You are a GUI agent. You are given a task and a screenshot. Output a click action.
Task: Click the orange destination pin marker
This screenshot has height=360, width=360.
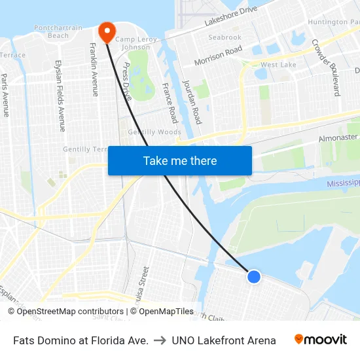pyautogui.click(x=106, y=31)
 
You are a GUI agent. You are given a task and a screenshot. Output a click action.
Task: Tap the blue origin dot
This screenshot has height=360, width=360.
pyautogui.click(x=254, y=277)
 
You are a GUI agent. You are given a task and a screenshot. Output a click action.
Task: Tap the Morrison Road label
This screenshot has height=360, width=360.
pyautogui.click(x=218, y=56)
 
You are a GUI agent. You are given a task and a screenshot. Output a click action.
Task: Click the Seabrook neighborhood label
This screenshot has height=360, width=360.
pyautogui.click(x=225, y=37)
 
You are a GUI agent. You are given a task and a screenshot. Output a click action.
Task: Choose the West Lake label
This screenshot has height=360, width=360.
pyautogui.click(x=278, y=65)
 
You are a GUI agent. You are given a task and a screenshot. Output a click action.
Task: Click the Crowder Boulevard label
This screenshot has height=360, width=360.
pyautogui.click(x=325, y=67)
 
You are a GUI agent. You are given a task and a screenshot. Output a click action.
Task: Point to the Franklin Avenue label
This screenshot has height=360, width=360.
pyautogui.click(x=94, y=69)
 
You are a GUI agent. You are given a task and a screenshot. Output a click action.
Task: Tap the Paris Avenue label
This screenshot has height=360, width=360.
pyautogui.click(x=5, y=94)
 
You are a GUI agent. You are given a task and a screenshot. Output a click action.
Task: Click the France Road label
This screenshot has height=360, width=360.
pyautogui.click(x=170, y=102)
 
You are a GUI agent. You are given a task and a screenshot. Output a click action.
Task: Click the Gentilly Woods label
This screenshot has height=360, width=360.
pyautogui.click(x=154, y=132)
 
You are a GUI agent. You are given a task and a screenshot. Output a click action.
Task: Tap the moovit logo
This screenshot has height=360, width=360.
pyautogui.click(x=321, y=340)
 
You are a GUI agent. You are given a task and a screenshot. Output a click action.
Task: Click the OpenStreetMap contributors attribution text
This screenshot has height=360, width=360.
pyautogui.click(x=64, y=312)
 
